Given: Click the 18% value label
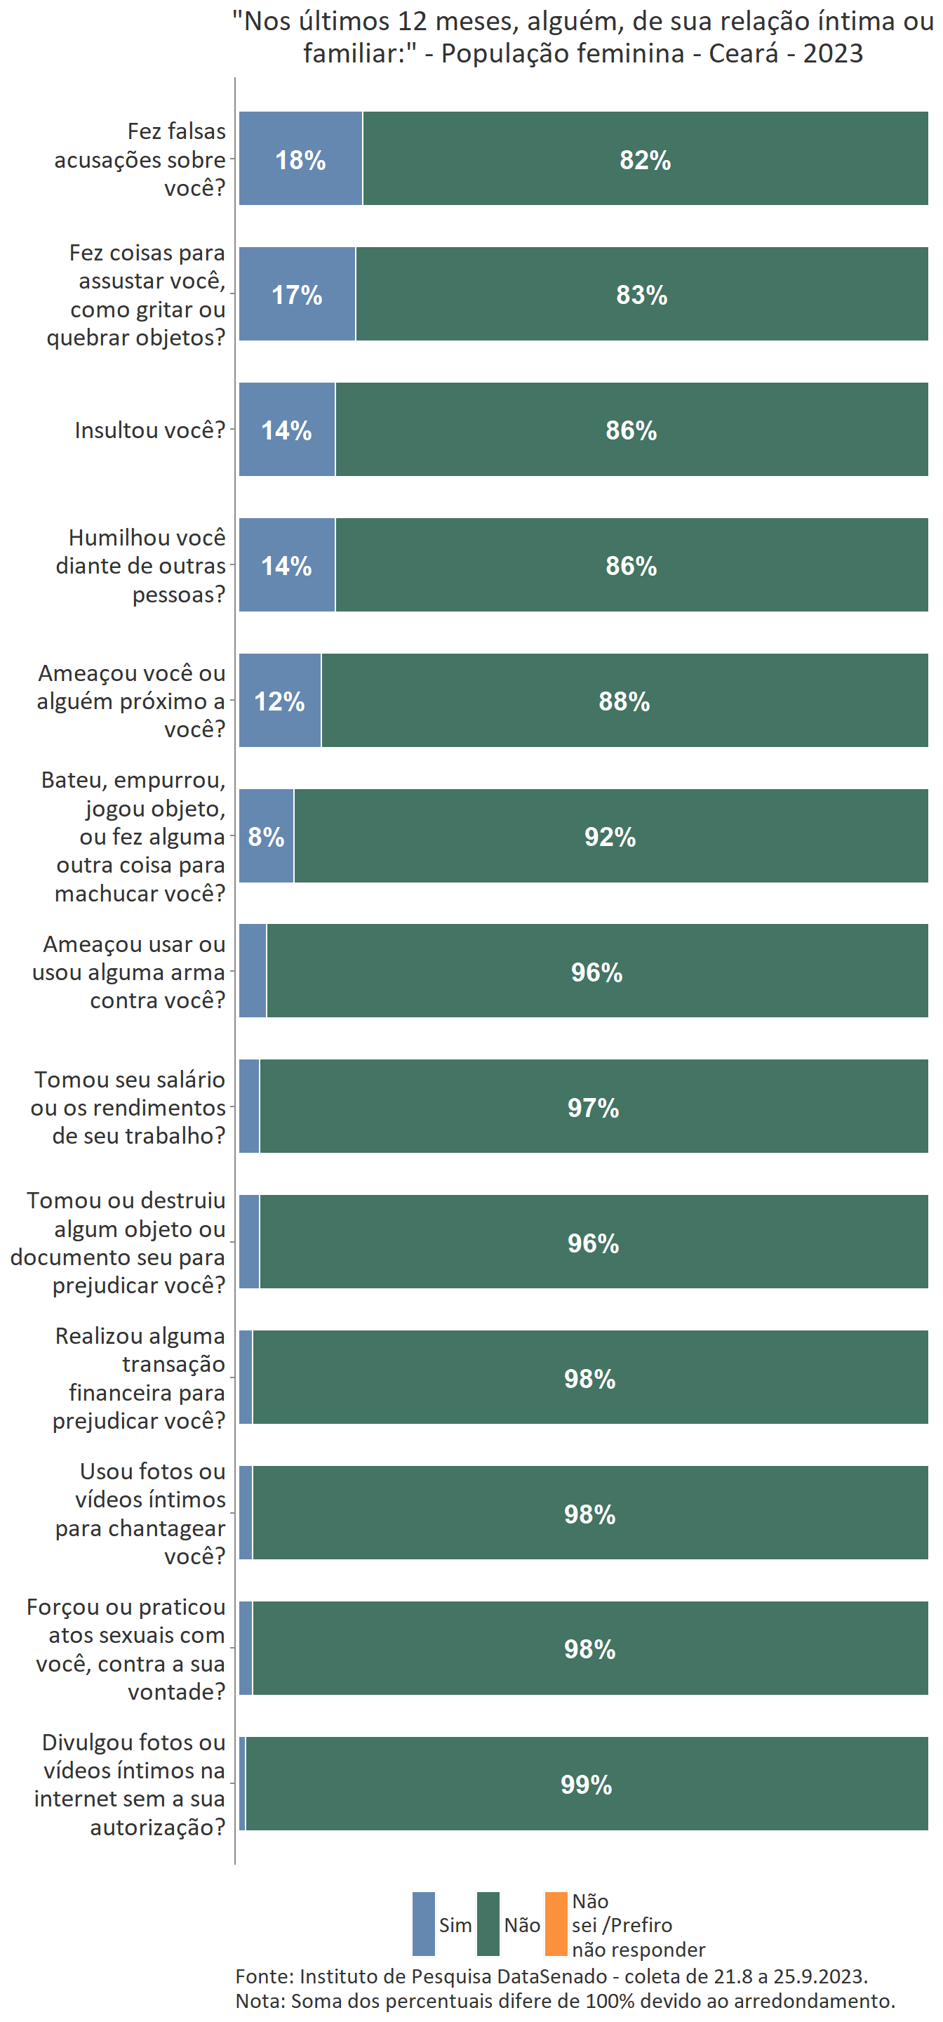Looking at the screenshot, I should [300, 160].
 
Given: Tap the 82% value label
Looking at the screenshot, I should [645, 160].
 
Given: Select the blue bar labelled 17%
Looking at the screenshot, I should [297, 295].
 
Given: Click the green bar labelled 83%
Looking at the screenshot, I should [642, 295].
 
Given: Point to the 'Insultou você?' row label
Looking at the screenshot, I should [150, 430].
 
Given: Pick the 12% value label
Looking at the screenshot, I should [279, 701].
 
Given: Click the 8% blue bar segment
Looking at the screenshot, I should [266, 837].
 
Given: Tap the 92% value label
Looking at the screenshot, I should [610, 837].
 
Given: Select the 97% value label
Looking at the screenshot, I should [593, 1108].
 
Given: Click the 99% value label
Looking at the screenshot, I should [586, 1784].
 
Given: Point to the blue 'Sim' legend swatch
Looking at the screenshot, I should [424, 1924].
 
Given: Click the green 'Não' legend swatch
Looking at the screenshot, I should [488, 1924].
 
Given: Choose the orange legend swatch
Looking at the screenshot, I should [556, 1924].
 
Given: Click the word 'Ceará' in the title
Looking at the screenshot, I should [744, 53].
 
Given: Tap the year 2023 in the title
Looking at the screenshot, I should [832, 53].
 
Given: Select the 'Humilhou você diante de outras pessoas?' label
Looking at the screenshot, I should [140, 565].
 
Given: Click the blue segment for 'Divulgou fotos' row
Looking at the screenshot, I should [243, 1783].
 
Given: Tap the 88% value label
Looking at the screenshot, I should [624, 701].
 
